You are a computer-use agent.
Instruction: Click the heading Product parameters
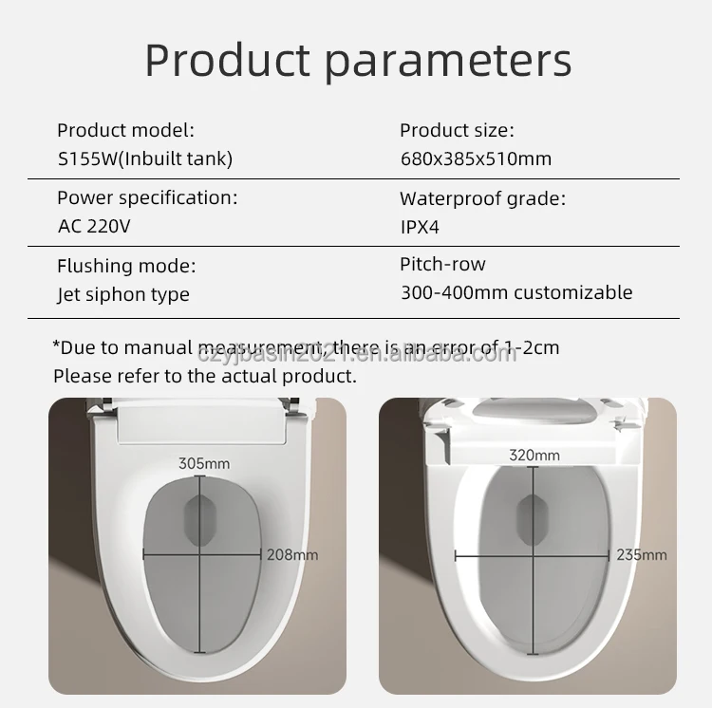click(x=358, y=61)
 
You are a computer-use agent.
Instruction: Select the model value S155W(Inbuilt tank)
click(x=145, y=158)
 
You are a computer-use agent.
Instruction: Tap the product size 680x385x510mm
click(x=476, y=158)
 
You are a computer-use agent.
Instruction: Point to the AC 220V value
click(x=94, y=226)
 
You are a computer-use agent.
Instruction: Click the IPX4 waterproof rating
click(x=420, y=227)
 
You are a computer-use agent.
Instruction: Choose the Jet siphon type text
click(x=123, y=294)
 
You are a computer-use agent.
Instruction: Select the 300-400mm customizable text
click(x=516, y=292)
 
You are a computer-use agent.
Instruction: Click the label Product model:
click(x=125, y=131)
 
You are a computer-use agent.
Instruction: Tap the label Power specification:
click(x=147, y=198)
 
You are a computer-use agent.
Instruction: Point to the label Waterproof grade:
click(x=483, y=199)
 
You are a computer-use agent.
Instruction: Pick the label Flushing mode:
click(x=126, y=266)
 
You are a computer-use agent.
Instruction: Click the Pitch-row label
click(x=442, y=264)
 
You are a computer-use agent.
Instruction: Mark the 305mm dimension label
click(x=204, y=463)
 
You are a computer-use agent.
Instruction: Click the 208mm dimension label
click(x=292, y=554)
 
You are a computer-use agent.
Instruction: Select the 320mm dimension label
click(x=534, y=456)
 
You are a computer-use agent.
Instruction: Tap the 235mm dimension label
click(x=642, y=554)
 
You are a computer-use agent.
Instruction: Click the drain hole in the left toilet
click(x=199, y=521)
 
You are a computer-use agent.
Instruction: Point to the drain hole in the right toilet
click(x=534, y=520)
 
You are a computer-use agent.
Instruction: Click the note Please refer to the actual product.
click(x=205, y=376)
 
